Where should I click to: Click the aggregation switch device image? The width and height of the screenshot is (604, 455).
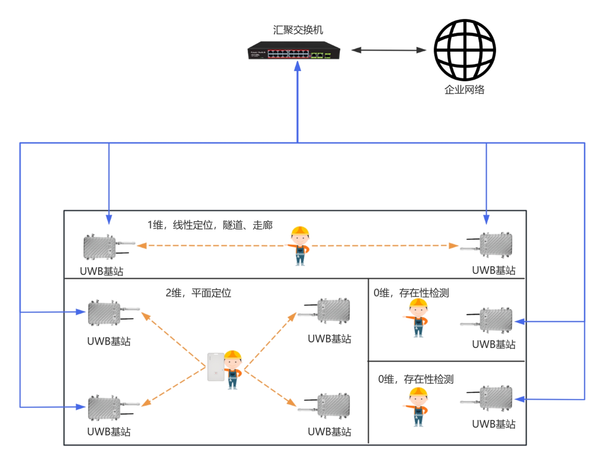tap(294, 51)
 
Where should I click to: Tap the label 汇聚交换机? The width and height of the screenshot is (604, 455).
tap(298, 30)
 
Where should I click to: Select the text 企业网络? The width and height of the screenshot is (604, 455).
tap(464, 90)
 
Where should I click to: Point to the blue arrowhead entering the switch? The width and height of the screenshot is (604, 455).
tap(298, 66)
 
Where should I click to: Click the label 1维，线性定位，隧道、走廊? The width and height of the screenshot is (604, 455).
tap(210, 225)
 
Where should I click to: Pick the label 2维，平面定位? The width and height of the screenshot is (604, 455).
tap(198, 293)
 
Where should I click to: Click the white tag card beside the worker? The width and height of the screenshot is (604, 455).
tap(216, 367)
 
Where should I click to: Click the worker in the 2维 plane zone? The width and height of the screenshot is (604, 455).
tap(233, 370)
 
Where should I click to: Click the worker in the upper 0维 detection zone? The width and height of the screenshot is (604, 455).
tap(417, 318)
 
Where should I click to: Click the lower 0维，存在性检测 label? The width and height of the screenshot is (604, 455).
tap(415, 379)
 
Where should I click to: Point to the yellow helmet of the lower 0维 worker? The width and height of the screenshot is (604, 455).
tap(418, 392)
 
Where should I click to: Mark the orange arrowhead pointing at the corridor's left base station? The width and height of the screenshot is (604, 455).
tap(142, 246)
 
